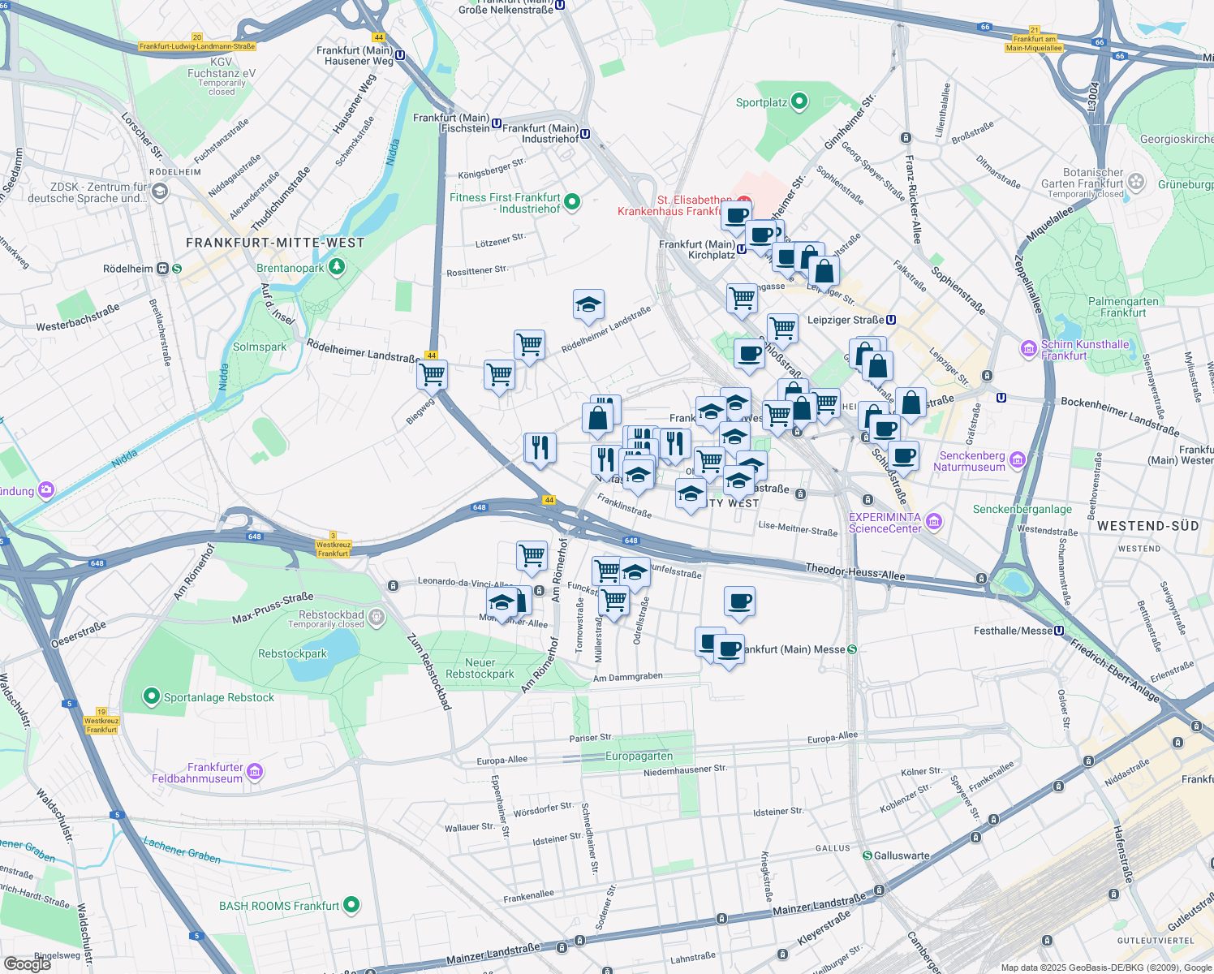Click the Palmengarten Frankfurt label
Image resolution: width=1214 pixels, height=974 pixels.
coord(1123,307)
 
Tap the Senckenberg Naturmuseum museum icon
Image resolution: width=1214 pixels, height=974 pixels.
coord(1018,461)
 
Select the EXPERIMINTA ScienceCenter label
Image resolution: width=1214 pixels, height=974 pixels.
coord(885,523)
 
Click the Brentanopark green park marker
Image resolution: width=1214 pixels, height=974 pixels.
coord(336,267)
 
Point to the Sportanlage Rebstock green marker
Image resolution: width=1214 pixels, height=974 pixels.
coord(151,696)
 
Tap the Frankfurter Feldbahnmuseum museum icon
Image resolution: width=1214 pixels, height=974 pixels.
coord(255,771)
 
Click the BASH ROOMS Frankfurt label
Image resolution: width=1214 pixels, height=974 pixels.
coord(278,906)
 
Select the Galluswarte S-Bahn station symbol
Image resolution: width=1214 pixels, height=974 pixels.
coord(867,855)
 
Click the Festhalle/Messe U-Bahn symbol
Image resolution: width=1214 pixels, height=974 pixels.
coord(1059,631)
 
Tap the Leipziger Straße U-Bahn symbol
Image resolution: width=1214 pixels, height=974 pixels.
coord(891,320)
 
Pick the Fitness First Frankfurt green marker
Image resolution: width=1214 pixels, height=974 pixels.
coord(572,201)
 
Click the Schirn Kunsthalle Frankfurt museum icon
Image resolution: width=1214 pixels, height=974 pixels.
coord(1029,349)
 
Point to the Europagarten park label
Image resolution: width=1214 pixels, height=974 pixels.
coord(639,756)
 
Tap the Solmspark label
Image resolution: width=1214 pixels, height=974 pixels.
coord(260,347)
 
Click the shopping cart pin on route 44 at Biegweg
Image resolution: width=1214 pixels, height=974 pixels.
coord(432,375)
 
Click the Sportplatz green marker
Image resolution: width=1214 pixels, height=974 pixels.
coord(799,101)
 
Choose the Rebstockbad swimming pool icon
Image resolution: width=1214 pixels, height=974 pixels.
coord(377,618)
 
